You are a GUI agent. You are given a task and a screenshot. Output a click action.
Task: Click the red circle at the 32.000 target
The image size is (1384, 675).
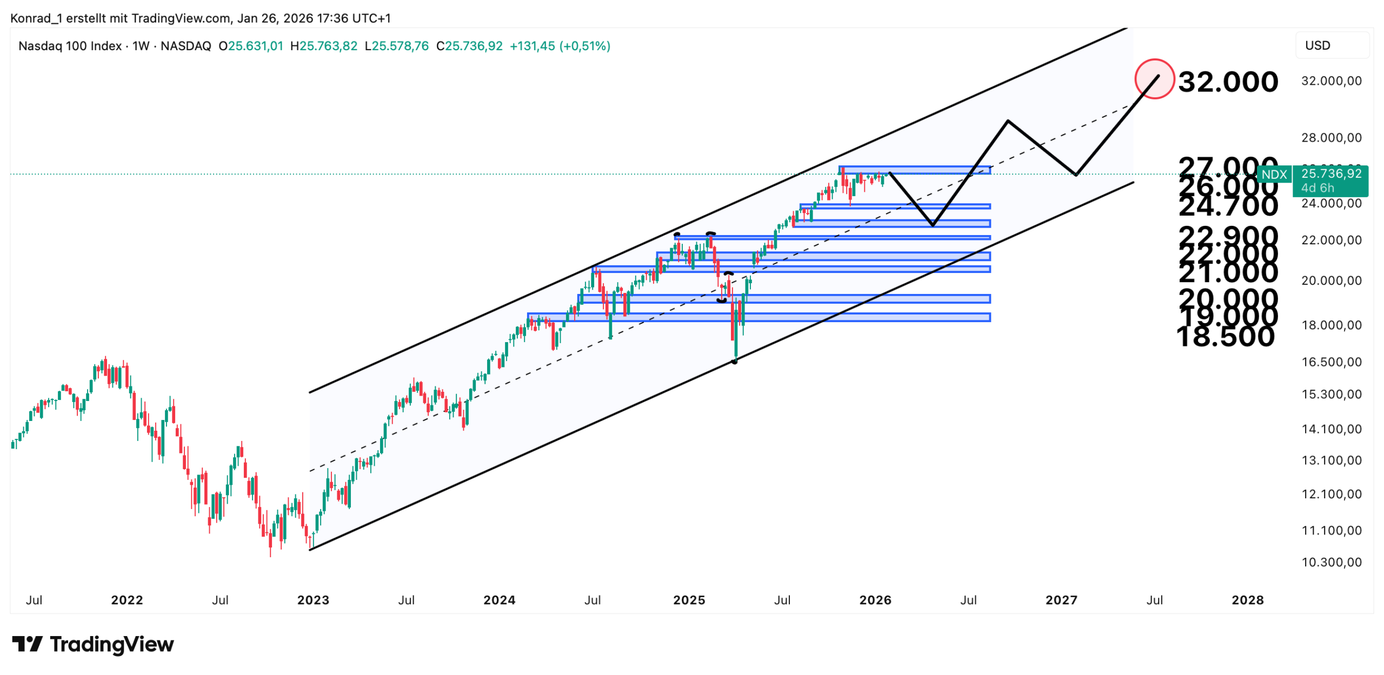point(1154,79)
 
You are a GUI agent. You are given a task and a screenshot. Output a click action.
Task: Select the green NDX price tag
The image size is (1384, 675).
point(1274,175)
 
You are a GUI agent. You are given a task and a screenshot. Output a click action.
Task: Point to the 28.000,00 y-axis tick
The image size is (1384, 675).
point(1330,138)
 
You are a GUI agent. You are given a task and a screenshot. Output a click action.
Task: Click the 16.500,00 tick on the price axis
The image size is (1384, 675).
point(1330,362)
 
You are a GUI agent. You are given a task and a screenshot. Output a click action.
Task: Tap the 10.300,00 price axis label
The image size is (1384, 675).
point(1330,562)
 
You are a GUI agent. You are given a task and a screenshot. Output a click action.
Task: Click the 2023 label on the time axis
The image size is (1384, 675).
point(313,600)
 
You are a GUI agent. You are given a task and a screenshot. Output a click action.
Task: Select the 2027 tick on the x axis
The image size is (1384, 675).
point(1061,600)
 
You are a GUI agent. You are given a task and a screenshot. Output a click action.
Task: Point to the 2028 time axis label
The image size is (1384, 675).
point(1247,600)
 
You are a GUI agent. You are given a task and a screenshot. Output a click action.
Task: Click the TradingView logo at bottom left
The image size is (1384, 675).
point(93,644)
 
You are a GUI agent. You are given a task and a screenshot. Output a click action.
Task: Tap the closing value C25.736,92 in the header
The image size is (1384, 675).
point(469,46)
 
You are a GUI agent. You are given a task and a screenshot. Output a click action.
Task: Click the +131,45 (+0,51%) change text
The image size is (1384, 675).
point(560,46)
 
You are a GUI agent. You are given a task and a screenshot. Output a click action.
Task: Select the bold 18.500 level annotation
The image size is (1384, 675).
point(1225,336)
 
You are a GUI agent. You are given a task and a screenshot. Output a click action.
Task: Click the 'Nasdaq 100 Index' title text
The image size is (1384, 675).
point(70,46)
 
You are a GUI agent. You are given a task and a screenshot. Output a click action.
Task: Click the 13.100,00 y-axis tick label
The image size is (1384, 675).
point(1330,460)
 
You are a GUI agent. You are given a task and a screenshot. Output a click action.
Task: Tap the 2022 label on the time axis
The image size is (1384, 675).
point(127,600)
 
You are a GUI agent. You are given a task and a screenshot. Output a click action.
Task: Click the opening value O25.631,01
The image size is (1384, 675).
point(250,46)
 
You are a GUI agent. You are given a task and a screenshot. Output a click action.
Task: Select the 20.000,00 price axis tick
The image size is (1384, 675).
point(1330,280)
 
